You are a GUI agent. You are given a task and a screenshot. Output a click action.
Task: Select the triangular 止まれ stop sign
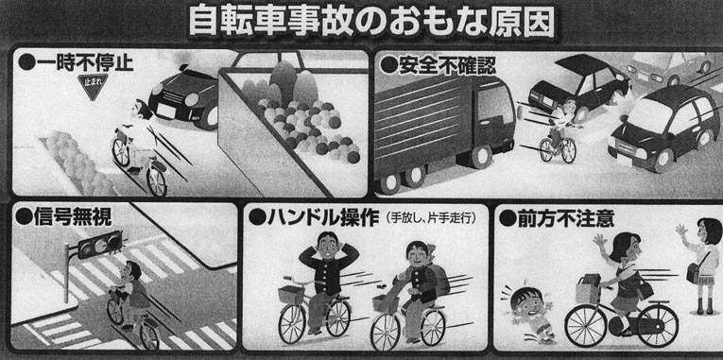pyautogui.click(x=93, y=86)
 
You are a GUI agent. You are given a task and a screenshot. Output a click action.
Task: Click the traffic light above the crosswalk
pyautogui.click(x=99, y=244)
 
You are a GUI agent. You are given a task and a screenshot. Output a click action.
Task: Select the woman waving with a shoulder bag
pyautogui.click(x=700, y=264)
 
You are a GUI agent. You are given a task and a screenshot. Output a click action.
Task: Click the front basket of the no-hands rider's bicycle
pyautogui.click(x=291, y=294)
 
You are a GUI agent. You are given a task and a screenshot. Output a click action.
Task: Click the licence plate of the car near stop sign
pyautogui.click(x=167, y=111)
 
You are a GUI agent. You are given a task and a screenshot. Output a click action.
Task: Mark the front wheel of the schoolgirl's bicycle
pyautogui.click(x=586, y=324)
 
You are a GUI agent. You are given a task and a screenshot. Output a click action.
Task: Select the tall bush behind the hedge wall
pyautogui.click(x=283, y=77)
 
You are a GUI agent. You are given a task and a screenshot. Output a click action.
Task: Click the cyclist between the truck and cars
pyautogui.click(x=559, y=133)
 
